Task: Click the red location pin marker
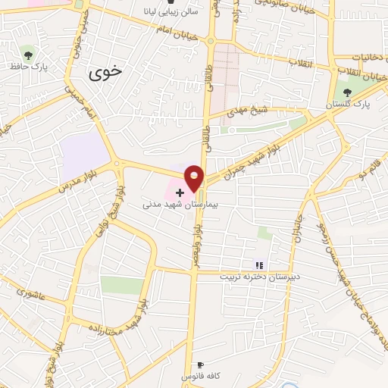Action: pos(195,177)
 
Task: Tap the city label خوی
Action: pos(105,73)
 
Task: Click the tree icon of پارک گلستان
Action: pos(348,91)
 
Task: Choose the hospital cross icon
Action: pos(179,193)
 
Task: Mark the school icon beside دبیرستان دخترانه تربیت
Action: pos(259,265)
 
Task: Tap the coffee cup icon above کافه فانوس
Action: pos(200,365)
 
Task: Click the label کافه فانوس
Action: pos(199,377)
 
